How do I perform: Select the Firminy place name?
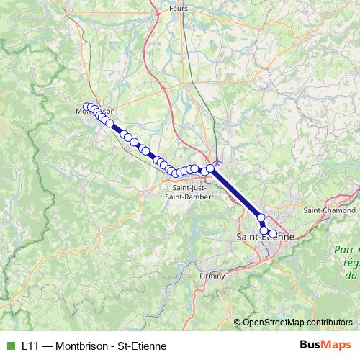click(x=212, y=276)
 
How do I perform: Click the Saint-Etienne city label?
click(x=265, y=236)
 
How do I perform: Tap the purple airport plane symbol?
click(x=217, y=160)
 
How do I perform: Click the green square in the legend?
click(x=10, y=345)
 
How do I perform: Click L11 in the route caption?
click(x=30, y=345)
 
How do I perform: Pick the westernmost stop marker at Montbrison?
click(x=86, y=107)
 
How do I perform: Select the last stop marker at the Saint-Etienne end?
click(x=273, y=233)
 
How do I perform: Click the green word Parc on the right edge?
click(x=344, y=249)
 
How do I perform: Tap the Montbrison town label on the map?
click(x=95, y=112)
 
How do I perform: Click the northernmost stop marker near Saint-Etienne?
click(x=261, y=217)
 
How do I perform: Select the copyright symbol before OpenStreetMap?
click(x=238, y=322)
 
